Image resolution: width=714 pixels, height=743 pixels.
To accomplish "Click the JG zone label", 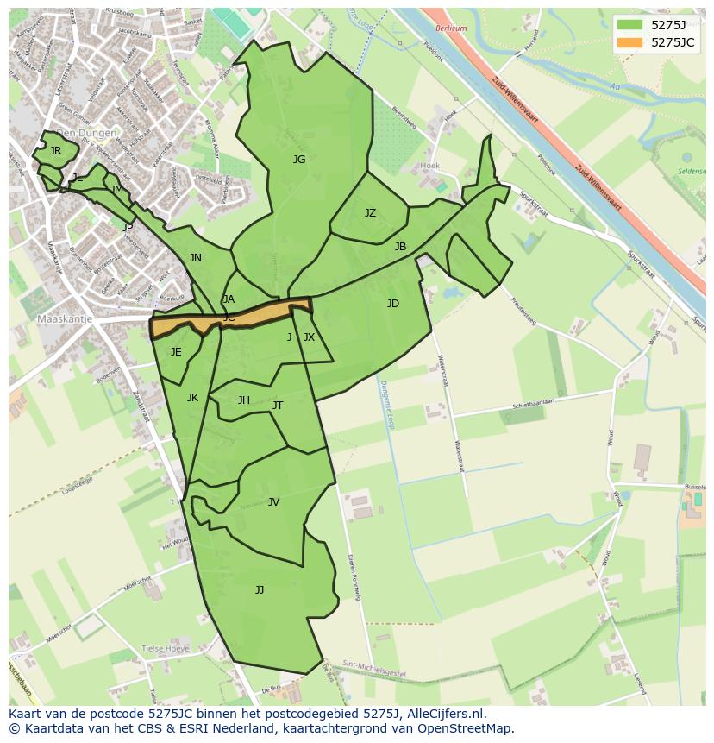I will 299,160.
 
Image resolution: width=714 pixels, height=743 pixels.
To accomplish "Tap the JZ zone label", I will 370,213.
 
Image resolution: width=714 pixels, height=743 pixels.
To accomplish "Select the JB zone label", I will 400,247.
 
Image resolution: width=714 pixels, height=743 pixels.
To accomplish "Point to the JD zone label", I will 393,304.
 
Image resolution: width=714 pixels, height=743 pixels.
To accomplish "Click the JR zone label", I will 55,151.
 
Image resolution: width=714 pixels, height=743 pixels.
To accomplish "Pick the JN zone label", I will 196,258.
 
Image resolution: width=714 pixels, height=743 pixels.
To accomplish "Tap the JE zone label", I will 176,352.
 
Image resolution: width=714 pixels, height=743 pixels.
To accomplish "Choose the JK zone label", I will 192,398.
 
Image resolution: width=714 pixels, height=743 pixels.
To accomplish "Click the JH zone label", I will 244,400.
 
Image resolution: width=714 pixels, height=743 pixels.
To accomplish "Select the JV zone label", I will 273,502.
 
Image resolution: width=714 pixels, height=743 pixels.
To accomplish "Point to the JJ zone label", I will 260,590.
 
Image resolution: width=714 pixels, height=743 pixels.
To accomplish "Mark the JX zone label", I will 310,337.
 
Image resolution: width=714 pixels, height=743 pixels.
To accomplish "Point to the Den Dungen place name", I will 86,134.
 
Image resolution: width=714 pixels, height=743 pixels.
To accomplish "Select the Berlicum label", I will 450,28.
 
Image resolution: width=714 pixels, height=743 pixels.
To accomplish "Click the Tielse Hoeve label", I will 164,649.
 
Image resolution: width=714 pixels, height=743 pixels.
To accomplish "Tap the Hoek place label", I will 429,165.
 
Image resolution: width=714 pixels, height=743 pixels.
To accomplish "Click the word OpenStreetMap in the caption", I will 468,728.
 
